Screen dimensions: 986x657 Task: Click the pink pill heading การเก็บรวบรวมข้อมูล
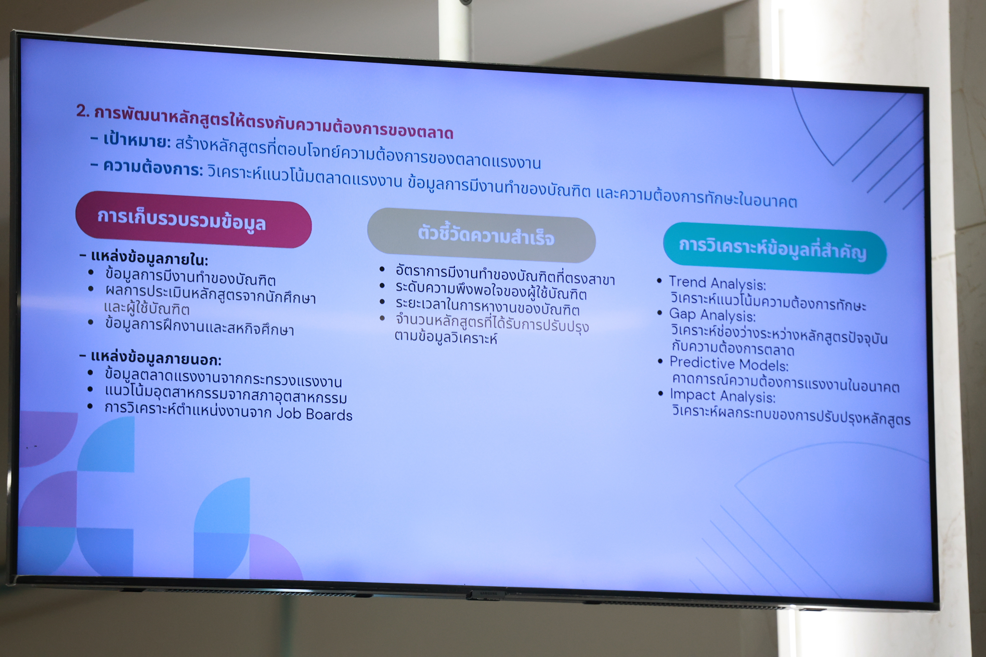[x=194, y=220]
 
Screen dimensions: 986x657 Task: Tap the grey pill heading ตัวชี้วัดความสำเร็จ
[x=481, y=235]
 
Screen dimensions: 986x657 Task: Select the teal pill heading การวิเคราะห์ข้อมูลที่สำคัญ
[x=775, y=248]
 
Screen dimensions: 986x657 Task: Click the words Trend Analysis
[x=717, y=283]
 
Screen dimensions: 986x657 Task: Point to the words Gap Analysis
[x=712, y=315]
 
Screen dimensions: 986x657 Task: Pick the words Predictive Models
[x=729, y=363]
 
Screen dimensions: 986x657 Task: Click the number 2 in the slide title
[x=83, y=112]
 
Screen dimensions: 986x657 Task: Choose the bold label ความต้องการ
[x=153, y=167]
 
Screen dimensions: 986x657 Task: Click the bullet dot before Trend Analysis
[x=660, y=281]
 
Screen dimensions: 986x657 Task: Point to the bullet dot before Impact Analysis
[x=661, y=394]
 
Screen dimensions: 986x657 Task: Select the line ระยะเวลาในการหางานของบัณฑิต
[x=487, y=307]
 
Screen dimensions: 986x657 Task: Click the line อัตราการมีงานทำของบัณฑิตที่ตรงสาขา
[x=505, y=275]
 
